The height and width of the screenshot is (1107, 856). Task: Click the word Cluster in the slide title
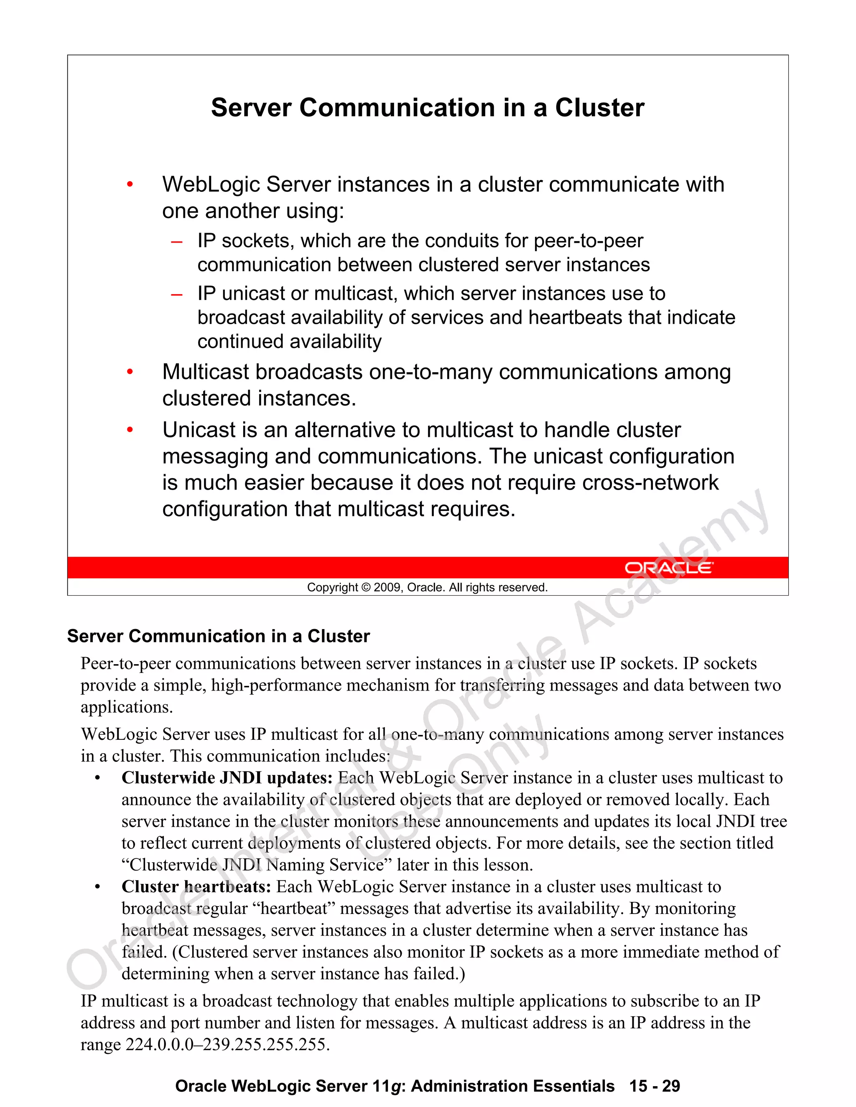click(599, 108)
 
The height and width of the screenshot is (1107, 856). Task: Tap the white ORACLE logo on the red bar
click(668, 568)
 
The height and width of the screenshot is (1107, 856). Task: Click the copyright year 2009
click(387, 587)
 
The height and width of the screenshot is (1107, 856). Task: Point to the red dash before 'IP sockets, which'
click(176, 242)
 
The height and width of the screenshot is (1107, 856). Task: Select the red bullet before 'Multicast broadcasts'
click(130, 372)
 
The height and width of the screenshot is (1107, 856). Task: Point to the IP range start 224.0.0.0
click(160, 1045)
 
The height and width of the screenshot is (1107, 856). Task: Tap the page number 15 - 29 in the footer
click(654, 1086)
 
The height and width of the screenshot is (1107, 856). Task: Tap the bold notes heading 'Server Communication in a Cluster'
click(219, 636)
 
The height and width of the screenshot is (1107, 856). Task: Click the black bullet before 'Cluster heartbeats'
click(97, 887)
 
